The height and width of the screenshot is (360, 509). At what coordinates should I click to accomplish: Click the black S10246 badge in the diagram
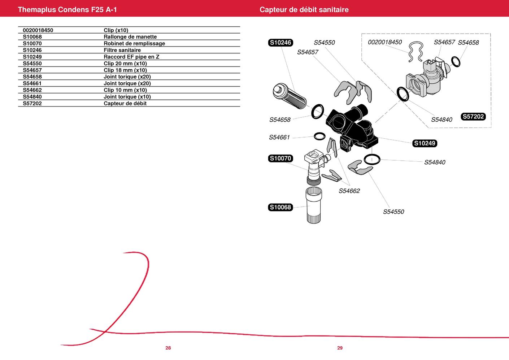coord(280,43)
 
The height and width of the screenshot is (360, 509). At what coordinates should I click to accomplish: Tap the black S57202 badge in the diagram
coord(473,117)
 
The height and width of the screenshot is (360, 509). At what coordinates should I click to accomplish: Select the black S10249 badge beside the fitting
coord(425,143)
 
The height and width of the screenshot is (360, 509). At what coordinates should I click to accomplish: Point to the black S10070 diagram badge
coord(280,158)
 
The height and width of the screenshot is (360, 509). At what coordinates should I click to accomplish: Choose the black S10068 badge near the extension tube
coord(280,207)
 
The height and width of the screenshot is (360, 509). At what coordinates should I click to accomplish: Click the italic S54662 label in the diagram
coord(349,191)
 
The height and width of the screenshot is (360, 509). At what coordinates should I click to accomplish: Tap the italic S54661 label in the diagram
coord(279,137)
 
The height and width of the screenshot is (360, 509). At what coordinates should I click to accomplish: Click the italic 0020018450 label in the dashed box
coord(385,42)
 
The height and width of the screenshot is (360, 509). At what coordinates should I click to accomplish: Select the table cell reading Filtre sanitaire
coord(122,50)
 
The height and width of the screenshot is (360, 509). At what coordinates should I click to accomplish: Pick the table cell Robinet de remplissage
coord(134,43)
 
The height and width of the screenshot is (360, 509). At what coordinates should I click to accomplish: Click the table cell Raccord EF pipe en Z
coord(131,57)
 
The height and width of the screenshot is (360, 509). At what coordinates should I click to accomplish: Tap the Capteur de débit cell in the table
coord(125,103)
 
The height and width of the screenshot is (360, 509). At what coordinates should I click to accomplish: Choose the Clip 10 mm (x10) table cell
coord(125,90)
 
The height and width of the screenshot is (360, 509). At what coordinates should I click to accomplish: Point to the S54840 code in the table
coord(32,97)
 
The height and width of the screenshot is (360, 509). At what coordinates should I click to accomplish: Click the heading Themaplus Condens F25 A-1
coord(67,9)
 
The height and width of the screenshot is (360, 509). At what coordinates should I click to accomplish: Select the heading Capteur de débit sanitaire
coord(304,9)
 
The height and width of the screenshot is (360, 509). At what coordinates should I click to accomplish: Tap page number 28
coord(168,348)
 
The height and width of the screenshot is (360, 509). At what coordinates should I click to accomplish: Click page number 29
coord(340,348)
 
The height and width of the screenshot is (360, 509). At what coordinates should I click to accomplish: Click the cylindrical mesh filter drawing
coord(290,96)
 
